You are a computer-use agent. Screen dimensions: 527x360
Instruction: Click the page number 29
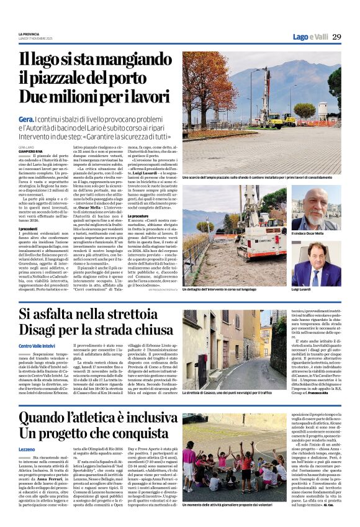[x=336, y=37]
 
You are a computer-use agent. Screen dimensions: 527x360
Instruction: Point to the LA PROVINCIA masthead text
[x=29, y=33]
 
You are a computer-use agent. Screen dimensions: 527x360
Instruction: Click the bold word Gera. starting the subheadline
[x=26, y=118]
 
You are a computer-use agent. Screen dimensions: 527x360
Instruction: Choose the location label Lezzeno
[x=27, y=449]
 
